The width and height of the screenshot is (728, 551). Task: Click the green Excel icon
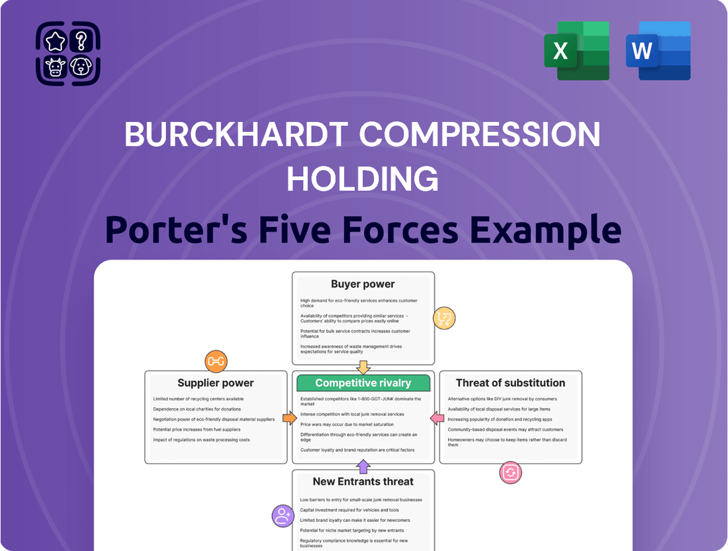576,50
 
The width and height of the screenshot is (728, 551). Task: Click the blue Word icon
658,50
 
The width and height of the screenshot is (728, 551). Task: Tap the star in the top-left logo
56,42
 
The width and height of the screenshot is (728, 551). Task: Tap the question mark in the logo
81,41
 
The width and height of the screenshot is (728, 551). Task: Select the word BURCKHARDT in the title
236,135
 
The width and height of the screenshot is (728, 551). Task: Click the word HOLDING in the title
363,179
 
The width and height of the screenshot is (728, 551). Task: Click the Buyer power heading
363,284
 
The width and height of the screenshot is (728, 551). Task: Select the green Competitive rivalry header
363,383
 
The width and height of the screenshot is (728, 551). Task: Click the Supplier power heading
216,383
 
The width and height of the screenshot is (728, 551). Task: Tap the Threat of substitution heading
510,383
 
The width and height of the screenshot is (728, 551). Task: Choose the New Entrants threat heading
363,481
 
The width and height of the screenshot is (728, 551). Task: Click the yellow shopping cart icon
443,319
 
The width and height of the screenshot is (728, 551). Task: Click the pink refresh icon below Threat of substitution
511,473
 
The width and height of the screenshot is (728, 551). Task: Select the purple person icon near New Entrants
283,515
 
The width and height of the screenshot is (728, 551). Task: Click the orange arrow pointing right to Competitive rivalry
289,419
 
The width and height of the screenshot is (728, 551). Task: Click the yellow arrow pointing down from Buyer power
363,367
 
